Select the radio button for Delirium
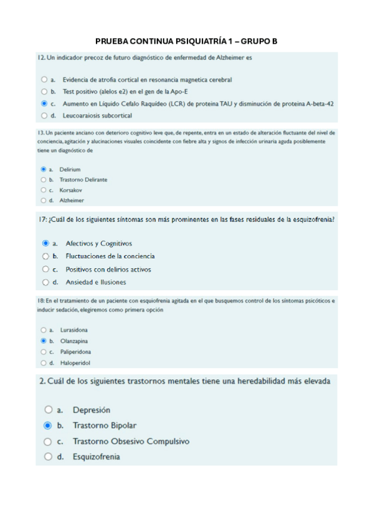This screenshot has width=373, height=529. pos(43,169)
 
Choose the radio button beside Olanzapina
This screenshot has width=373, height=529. pos(43,341)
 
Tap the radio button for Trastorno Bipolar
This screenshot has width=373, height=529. pos(48,425)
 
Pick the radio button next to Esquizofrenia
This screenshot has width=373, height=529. pos(48,457)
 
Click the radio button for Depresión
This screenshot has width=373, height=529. pos(48,410)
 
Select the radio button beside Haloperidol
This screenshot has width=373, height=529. pos(43,362)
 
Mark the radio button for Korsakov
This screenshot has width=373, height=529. pos(43,190)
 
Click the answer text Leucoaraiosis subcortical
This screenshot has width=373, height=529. pos(97,115)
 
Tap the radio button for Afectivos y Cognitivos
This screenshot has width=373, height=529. pos(45,243)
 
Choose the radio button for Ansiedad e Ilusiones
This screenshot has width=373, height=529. pos(45,282)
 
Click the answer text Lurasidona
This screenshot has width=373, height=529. pos(73,330)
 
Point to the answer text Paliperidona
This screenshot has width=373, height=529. pos(76,352)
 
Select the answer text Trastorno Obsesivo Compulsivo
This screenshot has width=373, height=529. pos(131,441)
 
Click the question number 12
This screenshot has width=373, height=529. pos(41,58)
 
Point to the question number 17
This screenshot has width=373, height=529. pos(42,219)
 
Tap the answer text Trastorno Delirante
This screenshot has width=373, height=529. pos(83,180)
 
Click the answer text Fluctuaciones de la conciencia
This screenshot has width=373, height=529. pos(110,256)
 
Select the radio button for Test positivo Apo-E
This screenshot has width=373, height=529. pos(44,92)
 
